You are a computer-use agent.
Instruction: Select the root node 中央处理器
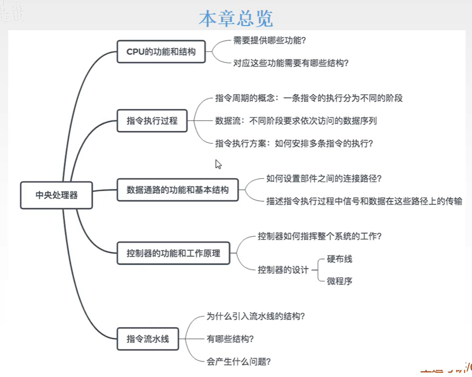pyautogui.click(x=56, y=195)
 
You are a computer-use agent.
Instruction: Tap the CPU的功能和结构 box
pyautogui.click(x=161, y=51)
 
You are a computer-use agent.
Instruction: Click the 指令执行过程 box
pyautogui.click(x=152, y=120)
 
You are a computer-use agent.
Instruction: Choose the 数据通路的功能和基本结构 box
pyautogui.click(x=177, y=190)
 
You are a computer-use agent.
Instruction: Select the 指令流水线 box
pyautogui.click(x=147, y=339)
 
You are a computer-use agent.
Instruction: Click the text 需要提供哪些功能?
pyautogui.click(x=270, y=41)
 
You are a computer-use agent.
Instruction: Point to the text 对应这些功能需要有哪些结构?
pyautogui.click(x=291, y=63)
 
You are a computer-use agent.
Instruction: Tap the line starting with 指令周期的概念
pyautogui.click(x=309, y=98)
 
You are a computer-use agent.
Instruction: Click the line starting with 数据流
pyautogui.click(x=296, y=120)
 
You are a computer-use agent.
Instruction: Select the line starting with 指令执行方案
pyautogui.click(x=294, y=143)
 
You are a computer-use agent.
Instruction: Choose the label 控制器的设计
pyautogui.click(x=283, y=270)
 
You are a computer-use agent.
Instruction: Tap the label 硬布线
pyautogui.click(x=340, y=259)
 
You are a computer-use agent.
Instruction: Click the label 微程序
pyautogui.click(x=340, y=281)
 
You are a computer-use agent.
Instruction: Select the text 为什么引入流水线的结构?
pyautogui.click(x=256, y=316)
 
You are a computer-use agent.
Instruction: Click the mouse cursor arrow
pyautogui.click(x=218, y=164)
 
